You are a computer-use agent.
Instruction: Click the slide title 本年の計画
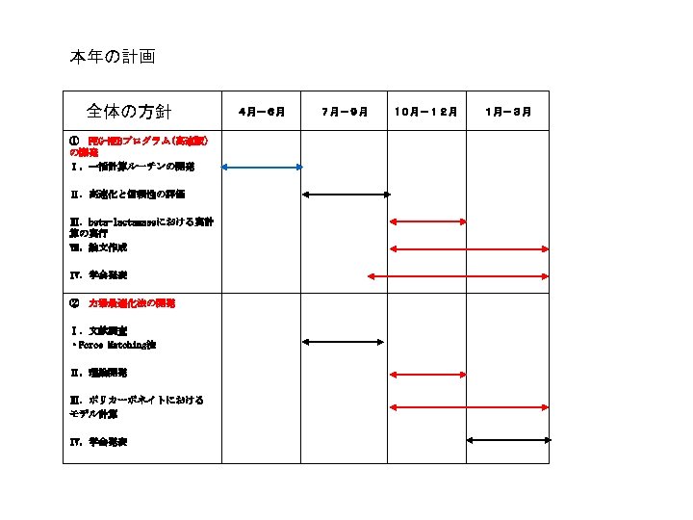[x=112, y=57]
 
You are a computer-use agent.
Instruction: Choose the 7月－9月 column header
[x=345, y=113]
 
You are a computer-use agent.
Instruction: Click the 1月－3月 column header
[x=508, y=113]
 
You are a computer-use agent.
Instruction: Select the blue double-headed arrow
[x=262, y=168]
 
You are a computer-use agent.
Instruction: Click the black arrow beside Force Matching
[x=344, y=341]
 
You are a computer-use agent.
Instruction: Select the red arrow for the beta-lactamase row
[x=425, y=222]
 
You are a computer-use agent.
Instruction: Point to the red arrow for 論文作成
[x=467, y=249]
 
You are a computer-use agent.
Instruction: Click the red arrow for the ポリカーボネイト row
[x=467, y=407]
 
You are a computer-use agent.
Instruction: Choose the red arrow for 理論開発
[x=425, y=373]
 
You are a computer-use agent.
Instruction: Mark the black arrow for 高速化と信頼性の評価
[x=346, y=195]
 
